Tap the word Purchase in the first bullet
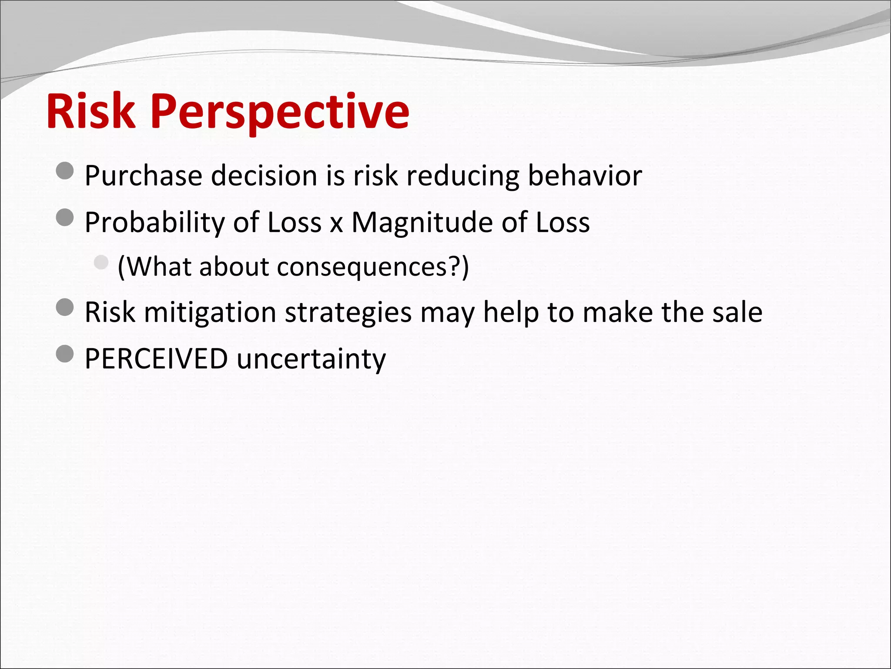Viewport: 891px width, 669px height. pos(143,176)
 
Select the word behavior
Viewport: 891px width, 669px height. pos(585,176)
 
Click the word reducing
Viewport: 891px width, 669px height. pos(462,176)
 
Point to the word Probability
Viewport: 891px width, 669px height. pos(154,223)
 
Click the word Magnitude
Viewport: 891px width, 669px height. pos(422,223)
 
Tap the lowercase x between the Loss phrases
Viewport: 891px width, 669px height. pos(336,225)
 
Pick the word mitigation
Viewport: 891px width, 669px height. pos(210,313)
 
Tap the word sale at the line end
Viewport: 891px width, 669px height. pos(737,312)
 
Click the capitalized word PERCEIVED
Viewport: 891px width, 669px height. pos(156,358)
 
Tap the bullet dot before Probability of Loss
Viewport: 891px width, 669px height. pos(65,217)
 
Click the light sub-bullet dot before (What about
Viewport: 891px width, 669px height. pos(101,262)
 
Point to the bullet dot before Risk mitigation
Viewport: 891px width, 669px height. pos(65,307)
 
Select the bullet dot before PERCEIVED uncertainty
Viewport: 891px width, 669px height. pos(65,354)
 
